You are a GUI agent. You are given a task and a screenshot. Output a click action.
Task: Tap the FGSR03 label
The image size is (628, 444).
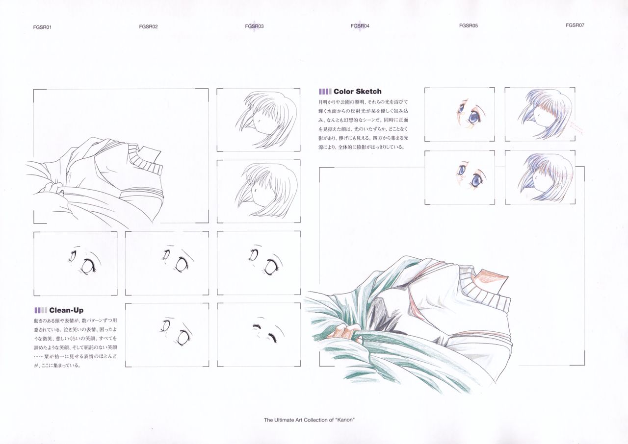[x=254, y=26]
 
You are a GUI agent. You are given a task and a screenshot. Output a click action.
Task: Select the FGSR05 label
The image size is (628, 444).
[x=468, y=25]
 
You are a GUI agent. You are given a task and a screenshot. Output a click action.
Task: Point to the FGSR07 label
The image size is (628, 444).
[x=575, y=25]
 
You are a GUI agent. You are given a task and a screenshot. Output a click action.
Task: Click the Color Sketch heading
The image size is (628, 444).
[x=357, y=92]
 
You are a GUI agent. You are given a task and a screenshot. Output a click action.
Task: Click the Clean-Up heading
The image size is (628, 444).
[x=66, y=310]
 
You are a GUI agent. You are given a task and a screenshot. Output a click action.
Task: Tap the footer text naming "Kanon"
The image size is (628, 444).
[x=309, y=420]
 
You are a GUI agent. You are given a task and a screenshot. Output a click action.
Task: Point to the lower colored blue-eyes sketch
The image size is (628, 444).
[x=459, y=177]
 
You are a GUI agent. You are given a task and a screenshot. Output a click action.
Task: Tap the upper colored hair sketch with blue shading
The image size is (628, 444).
[x=540, y=115]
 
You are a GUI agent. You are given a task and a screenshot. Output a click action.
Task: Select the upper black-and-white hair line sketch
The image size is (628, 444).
[x=259, y=120]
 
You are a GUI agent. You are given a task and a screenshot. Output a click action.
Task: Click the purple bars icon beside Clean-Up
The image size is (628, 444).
[x=41, y=310]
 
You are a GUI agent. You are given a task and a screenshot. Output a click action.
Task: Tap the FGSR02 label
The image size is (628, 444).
[x=148, y=27]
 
